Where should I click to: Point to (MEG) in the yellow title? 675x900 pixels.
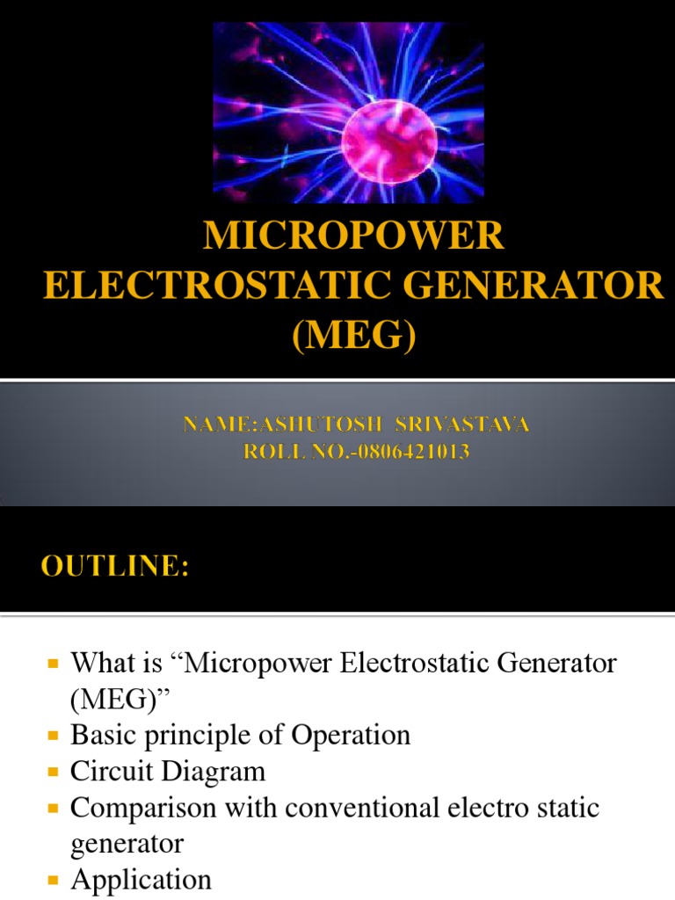tap(353, 334)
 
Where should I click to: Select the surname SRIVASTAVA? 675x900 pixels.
tap(464, 426)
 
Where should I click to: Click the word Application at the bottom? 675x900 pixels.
tap(142, 879)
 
